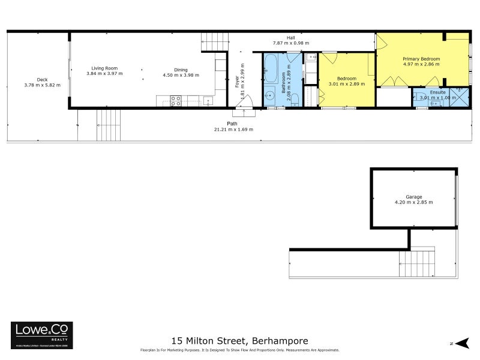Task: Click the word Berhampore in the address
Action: tap(282, 341)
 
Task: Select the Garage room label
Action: tap(413, 197)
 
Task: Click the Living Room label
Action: tap(104, 68)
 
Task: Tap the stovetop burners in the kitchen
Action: tap(176, 101)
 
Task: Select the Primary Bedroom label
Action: tap(421, 59)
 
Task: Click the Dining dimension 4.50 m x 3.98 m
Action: tap(180, 75)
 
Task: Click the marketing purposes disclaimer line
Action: tap(239, 350)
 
